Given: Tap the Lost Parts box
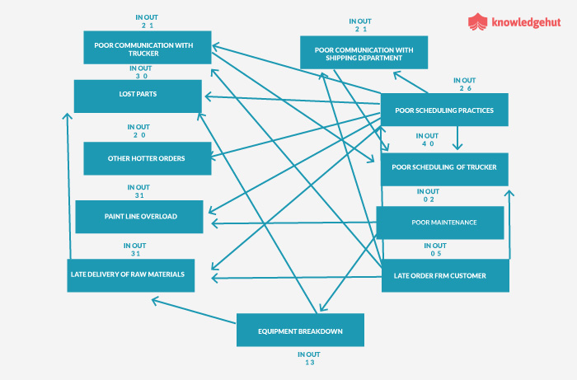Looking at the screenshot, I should tap(138, 95).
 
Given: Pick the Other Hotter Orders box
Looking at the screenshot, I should tap(147, 157).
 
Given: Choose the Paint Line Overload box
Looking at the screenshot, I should tap(138, 217).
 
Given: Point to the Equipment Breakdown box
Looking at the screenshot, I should tap(300, 330).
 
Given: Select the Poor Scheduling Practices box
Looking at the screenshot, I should tap(443, 110).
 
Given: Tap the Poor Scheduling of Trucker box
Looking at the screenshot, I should tap(443, 168).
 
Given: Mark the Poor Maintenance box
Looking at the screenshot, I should tap(439, 223).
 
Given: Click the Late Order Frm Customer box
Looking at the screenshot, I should tap(445, 275).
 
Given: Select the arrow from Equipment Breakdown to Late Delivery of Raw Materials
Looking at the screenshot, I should tap(195, 307).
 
